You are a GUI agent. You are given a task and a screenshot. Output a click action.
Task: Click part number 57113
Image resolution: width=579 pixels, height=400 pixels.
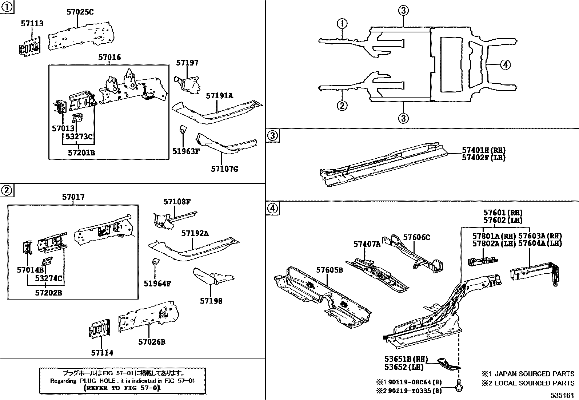[x=32, y=24]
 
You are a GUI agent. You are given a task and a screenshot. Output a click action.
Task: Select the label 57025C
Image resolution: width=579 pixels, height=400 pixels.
[x=80, y=12]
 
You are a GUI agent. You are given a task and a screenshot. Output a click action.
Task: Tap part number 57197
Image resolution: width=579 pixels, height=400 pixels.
[x=187, y=63]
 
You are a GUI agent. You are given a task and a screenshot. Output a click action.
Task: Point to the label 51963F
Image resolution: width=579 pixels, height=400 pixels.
[x=186, y=152]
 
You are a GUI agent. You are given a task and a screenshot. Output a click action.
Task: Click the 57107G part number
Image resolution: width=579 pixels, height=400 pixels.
[x=224, y=169]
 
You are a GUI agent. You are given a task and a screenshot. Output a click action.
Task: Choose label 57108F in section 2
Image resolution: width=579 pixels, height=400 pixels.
[x=177, y=201]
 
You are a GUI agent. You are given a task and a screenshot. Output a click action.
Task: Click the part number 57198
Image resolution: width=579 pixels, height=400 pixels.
[x=211, y=301]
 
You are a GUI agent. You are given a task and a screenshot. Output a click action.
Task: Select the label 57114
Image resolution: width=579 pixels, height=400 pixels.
[x=102, y=352]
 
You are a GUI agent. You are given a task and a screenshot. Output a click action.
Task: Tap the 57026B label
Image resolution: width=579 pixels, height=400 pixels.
[x=152, y=342]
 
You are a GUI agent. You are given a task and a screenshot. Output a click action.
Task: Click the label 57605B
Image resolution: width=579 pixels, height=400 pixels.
[x=330, y=270]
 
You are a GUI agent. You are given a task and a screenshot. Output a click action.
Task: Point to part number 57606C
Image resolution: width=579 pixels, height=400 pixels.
[x=416, y=237]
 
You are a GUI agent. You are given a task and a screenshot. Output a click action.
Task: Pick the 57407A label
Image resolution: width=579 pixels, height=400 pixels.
[x=367, y=244]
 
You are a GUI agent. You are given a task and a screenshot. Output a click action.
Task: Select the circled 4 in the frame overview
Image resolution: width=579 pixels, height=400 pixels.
[x=505, y=65]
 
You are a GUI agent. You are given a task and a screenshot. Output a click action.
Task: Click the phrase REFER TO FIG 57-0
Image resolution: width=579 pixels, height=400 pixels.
[x=122, y=388]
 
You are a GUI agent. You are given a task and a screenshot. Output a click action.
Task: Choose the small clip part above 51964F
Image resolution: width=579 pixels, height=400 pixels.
[x=155, y=261]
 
